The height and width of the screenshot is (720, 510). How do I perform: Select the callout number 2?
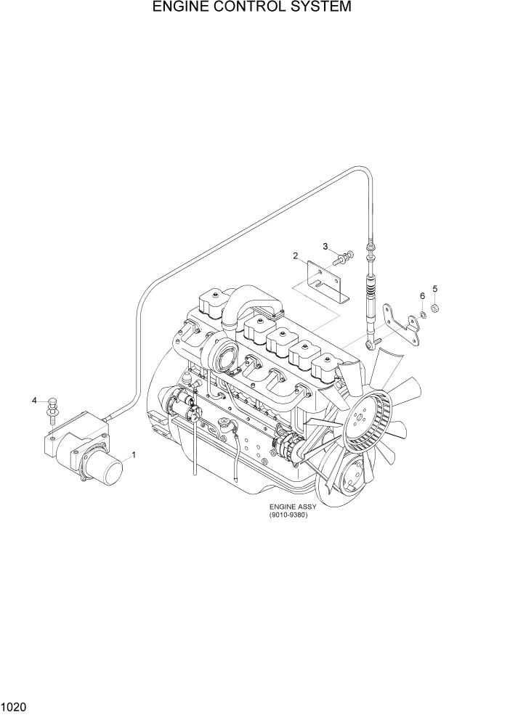[296, 255]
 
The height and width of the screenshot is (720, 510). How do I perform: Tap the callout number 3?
[326, 246]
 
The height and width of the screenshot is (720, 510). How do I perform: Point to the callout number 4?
[33, 400]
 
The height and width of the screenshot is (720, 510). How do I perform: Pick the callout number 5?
[435, 289]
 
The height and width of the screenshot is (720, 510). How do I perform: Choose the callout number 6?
[422, 295]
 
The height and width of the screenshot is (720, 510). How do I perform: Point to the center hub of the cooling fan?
[361, 419]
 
